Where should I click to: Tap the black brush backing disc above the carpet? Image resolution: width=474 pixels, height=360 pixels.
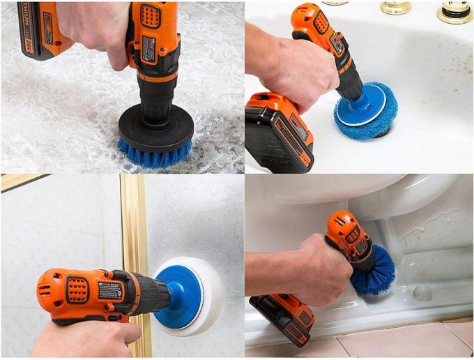coord(155,126)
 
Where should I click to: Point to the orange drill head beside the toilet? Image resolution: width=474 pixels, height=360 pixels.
coord(349,230)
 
